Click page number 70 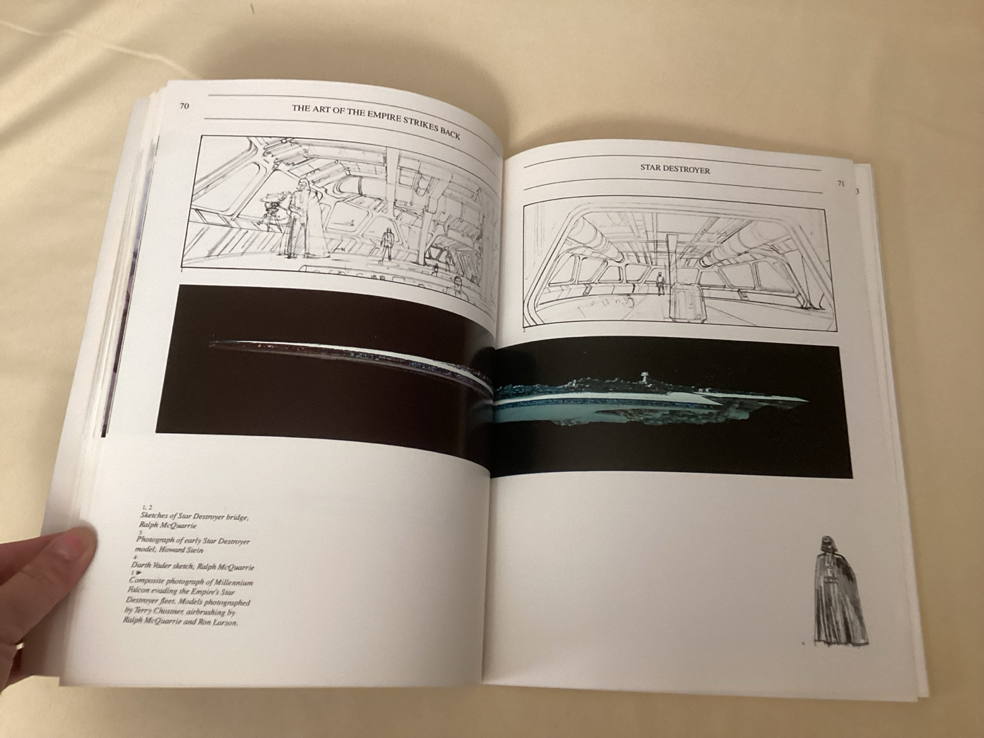coord(184,106)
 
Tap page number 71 coord(840,184)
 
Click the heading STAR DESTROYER coord(674,169)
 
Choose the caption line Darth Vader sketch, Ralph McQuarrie coord(192,566)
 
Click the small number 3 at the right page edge coord(857,191)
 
